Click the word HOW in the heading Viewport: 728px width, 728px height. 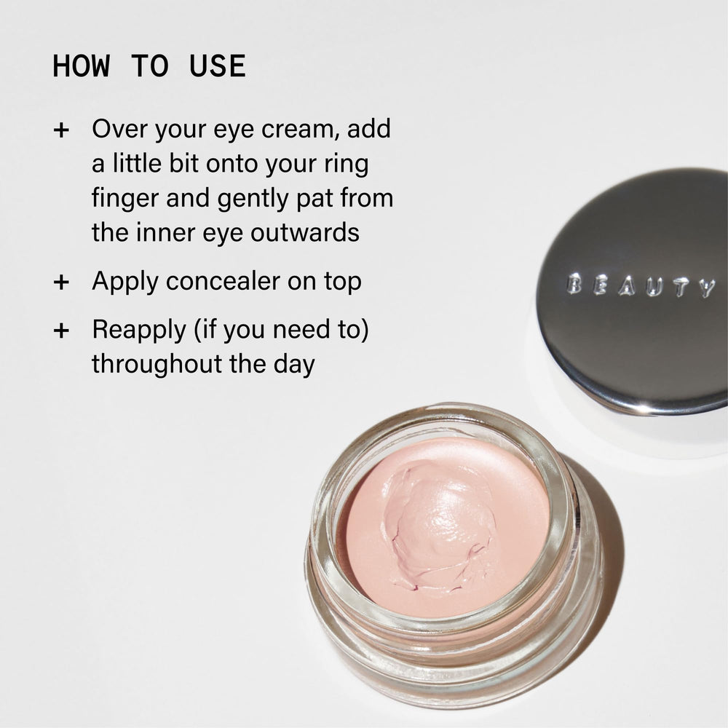pos(82,66)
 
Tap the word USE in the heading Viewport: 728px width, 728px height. pos(217,66)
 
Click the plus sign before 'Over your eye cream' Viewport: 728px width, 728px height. pos(61,130)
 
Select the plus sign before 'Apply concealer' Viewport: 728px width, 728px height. pos(61,282)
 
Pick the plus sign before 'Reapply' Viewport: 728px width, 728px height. pos(61,331)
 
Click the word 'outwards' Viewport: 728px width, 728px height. pos(305,232)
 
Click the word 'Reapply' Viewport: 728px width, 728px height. pos(139,330)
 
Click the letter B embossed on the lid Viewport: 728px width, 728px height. pos(574,283)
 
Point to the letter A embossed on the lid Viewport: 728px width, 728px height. pos(627,286)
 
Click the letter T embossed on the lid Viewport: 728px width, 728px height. pos(681,288)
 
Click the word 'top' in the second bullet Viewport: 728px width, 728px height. pos(343,282)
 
